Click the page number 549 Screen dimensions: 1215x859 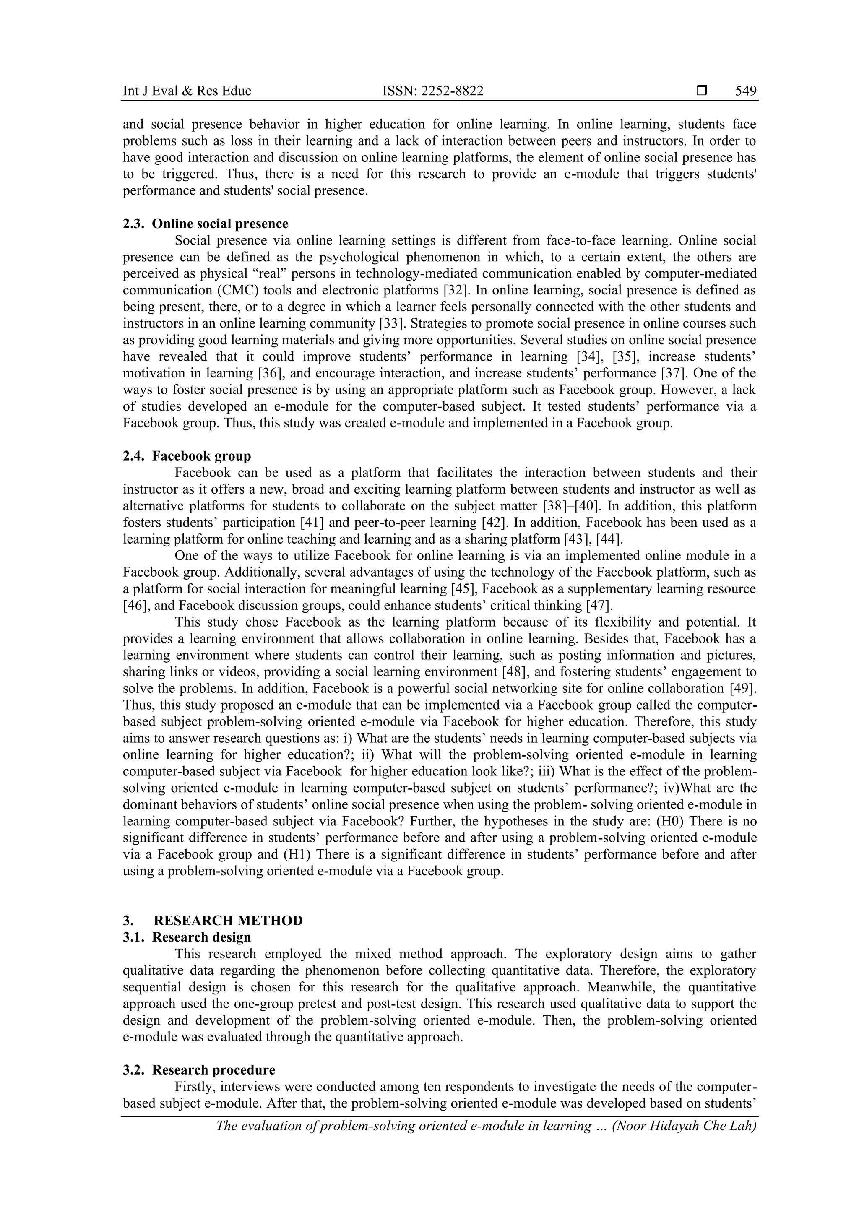tap(745, 91)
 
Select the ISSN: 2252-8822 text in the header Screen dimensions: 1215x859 tap(432, 91)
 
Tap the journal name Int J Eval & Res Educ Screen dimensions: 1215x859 tap(187, 91)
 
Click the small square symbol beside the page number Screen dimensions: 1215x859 tap(702, 91)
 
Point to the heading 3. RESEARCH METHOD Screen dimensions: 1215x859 tap(213, 920)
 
